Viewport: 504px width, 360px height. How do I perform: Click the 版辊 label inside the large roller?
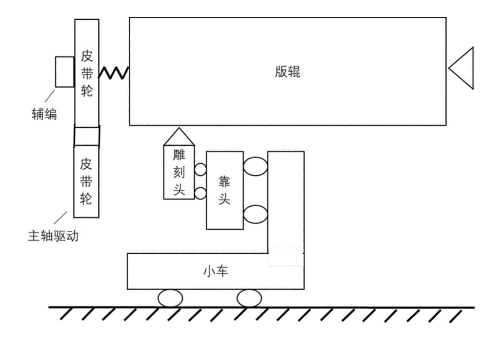point(287,72)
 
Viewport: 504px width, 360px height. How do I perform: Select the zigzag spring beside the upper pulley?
point(114,72)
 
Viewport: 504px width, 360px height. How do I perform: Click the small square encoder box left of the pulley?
point(65,72)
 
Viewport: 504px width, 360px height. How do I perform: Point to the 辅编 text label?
point(44,114)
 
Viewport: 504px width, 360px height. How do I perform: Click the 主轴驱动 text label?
point(53,236)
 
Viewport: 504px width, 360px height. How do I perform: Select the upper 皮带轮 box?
point(87,73)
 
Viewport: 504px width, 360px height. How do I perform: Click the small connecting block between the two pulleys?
point(87,136)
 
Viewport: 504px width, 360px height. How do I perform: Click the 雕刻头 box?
point(179,172)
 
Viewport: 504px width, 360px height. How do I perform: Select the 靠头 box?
point(225,190)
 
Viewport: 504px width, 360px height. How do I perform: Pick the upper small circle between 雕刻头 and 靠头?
point(200,170)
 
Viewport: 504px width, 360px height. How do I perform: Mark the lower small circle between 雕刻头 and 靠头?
point(200,193)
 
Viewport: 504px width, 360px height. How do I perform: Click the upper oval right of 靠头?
point(255,167)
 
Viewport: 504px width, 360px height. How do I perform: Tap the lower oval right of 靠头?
point(255,214)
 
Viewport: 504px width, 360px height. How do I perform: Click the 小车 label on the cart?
point(216,271)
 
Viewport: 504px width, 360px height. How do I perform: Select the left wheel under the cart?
point(170,299)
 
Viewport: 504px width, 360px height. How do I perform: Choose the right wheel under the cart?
point(249,299)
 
